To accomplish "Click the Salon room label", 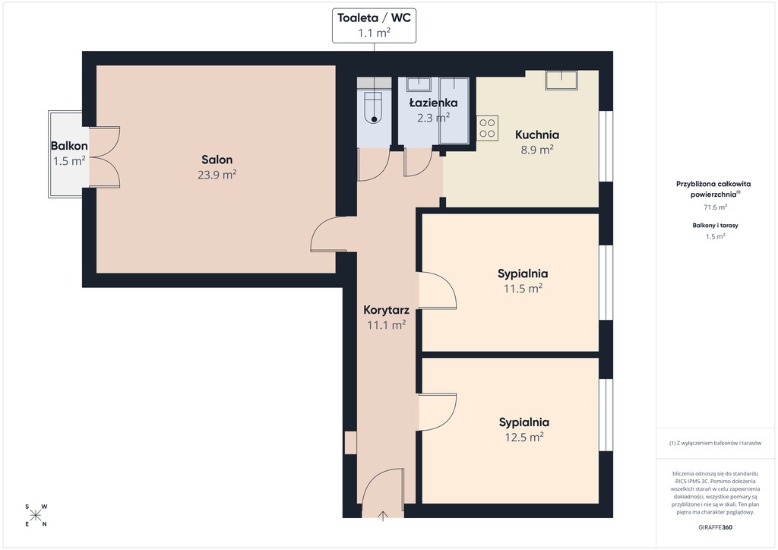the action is (x=217, y=160).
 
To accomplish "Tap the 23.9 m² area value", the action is (x=217, y=175).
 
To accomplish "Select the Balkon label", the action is (x=69, y=146).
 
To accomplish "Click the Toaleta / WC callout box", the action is (x=374, y=25).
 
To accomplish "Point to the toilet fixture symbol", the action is (x=374, y=108).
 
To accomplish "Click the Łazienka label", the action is (x=433, y=103).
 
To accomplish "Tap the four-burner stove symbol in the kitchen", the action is (x=487, y=128).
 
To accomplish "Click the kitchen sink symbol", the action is (x=561, y=80).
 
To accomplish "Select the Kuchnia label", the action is (x=537, y=135).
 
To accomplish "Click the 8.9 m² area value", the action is (x=537, y=150).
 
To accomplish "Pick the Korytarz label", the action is (x=386, y=311).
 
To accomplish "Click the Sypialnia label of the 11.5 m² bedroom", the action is (x=523, y=273).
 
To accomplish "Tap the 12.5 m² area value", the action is (x=524, y=438).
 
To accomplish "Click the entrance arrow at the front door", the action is (x=383, y=516).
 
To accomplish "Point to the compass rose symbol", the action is (x=36, y=515).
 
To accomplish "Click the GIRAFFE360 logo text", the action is (x=715, y=527).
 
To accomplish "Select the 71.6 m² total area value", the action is (x=716, y=207).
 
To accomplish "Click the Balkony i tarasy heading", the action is (x=716, y=225).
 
